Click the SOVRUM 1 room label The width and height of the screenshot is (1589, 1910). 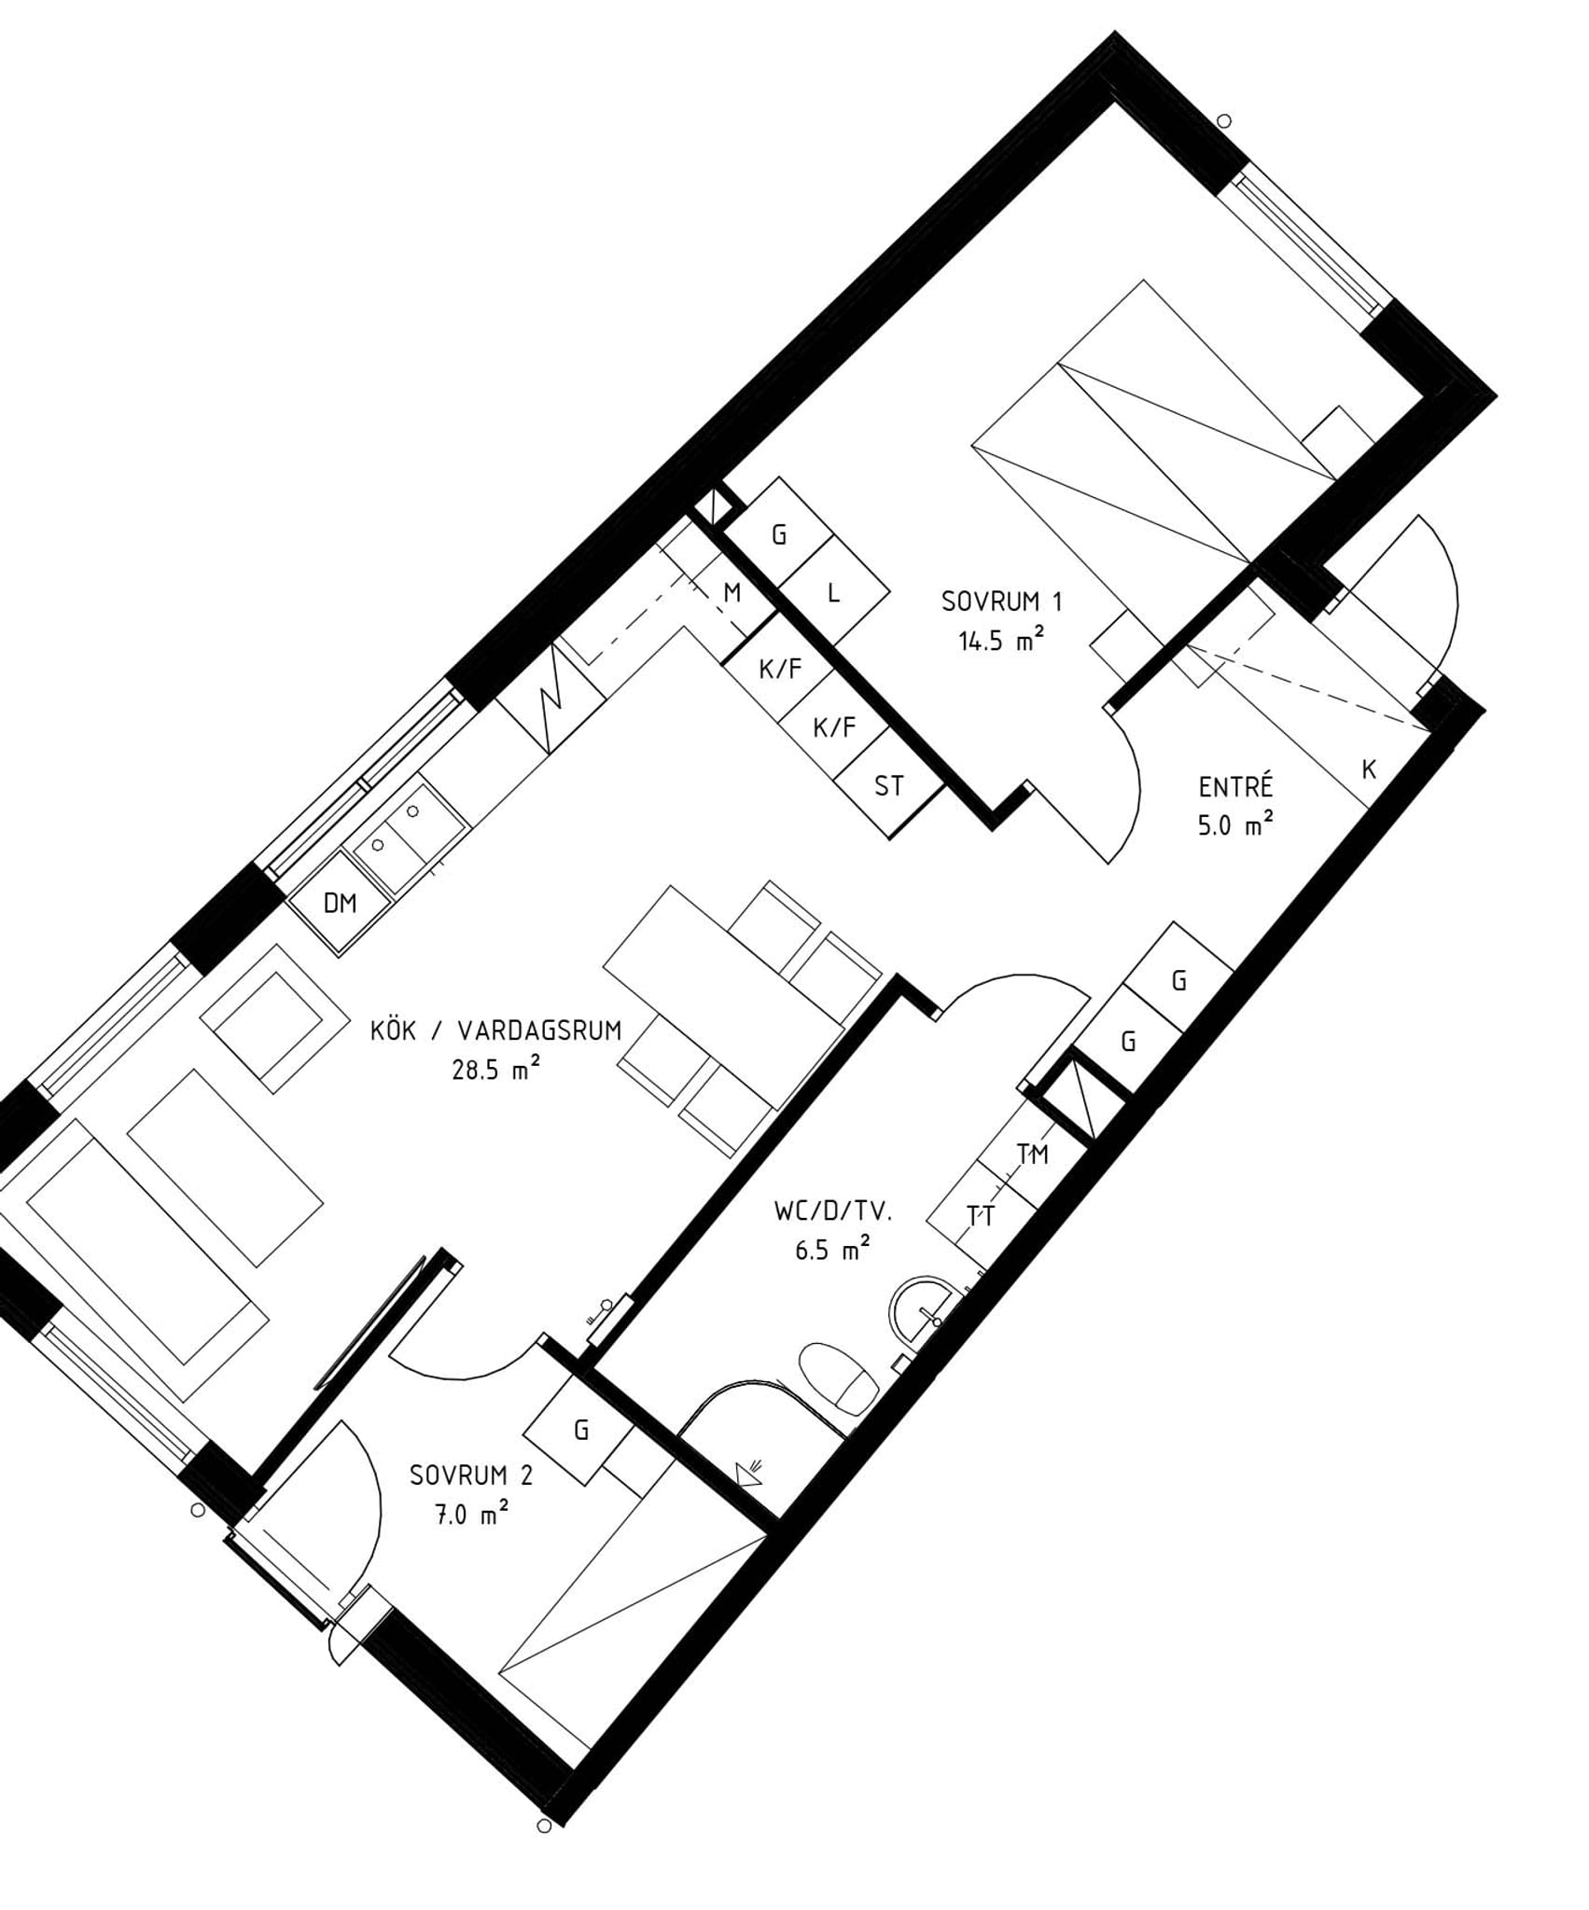[x=1002, y=602]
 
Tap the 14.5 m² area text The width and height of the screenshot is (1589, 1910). [x=1000, y=641]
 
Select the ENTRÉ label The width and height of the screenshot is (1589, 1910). [x=1235, y=786]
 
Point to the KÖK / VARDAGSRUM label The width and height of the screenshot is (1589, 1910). [x=495, y=1031]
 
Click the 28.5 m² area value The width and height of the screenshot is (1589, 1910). [x=496, y=1069]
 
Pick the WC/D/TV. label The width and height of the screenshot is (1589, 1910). [x=834, y=1211]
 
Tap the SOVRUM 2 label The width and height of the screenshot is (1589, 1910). [x=471, y=1475]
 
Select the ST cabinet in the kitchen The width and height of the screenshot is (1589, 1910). [x=889, y=786]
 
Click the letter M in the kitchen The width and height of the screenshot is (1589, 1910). [x=732, y=592]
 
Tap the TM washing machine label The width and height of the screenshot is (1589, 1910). [x=1033, y=1155]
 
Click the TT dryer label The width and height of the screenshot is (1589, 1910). [x=981, y=1216]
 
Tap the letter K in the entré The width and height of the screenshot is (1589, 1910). [x=1369, y=769]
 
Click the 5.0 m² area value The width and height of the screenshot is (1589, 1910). [x=1235, y=825]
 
